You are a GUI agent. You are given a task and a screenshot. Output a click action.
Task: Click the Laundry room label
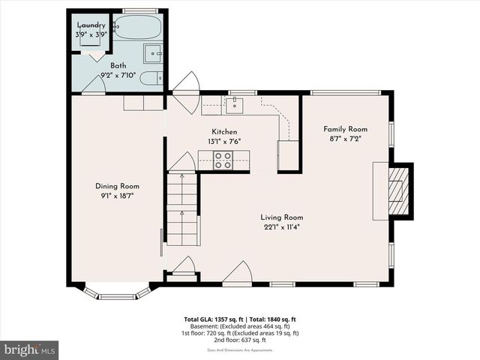pos(91,25)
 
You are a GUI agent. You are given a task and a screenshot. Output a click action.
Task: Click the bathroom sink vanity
pos(153,53)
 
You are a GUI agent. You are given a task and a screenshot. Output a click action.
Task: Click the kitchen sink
pos(235,105)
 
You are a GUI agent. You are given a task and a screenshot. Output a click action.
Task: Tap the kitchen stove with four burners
pos(223,158)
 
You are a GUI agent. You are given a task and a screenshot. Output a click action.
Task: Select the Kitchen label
pos(223,131)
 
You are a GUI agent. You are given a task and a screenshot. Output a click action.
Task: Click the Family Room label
pos(345,128)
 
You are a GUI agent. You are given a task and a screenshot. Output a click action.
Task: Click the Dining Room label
pos(117,186)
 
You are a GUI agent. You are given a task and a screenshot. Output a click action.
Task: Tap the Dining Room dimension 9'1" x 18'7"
pos(117,196)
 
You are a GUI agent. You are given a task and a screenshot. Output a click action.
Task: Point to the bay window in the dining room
pos(116,293)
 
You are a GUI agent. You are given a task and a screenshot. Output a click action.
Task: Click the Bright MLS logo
pos(30,349)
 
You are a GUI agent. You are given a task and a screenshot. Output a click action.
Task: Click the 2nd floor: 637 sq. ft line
pos(240,339)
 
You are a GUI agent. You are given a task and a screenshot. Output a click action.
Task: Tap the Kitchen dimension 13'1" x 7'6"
pos(223,141)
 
